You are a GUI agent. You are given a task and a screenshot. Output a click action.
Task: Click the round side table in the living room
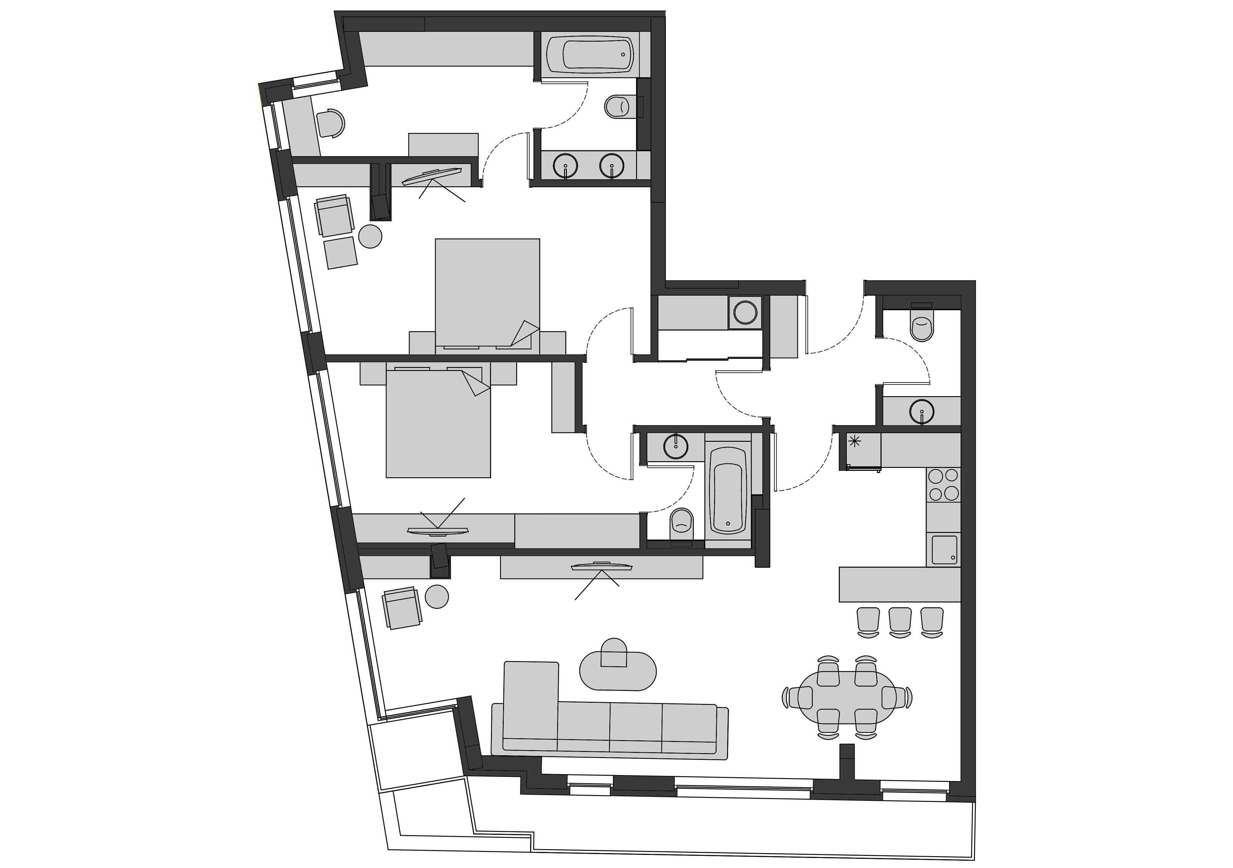[437, 597]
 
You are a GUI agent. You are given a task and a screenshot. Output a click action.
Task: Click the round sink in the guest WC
[921, 412]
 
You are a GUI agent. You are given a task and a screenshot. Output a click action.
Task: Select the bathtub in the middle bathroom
[728, 490]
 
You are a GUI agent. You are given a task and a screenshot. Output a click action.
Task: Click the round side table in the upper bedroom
[370, 236]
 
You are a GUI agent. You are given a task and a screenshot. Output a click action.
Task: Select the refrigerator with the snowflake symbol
[860, 450]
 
